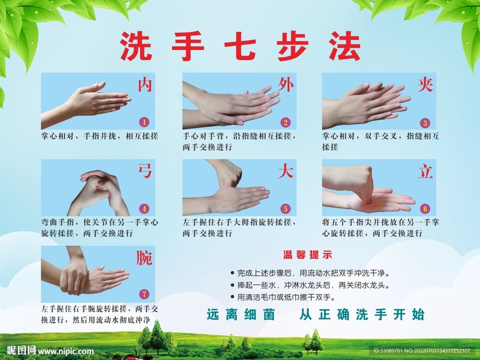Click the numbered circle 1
[144, 122]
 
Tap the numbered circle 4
[144, 209]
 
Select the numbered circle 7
[144, 294]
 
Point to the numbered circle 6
[425, 209]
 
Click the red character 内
[145, 85]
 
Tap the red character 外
[286, 85]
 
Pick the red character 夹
[426, 85]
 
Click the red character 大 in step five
[286, 171]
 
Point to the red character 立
[426, 171]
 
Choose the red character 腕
[144, 258]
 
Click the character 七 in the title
[240, 46]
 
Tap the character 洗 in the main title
[136, 46]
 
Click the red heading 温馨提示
[307, 255]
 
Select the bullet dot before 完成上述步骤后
[232, 272]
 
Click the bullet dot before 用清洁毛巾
[232, 297]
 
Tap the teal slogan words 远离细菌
[241, 315]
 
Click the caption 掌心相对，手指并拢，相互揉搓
[100, 136]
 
